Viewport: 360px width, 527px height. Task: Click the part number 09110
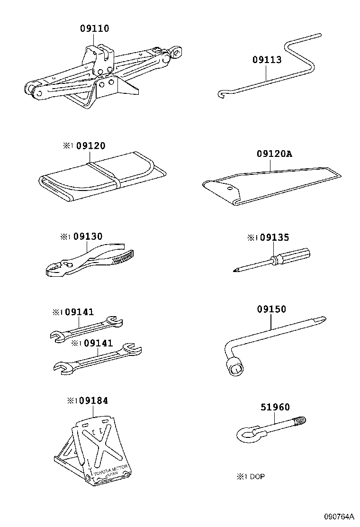(x=95, y=29)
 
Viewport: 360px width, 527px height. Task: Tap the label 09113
(x=267, y=60)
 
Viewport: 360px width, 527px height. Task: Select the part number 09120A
(x=274, y=154)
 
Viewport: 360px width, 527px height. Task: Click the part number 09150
(x=271, y=309)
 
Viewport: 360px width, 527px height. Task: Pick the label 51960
(x=275, y=407)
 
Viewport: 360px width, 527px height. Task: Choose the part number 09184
(x=93, y=400)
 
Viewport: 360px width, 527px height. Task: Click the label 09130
(x=88, y=236)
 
